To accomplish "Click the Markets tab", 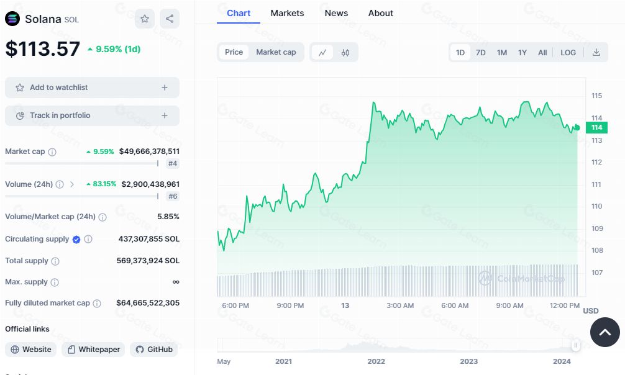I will click(287, 13).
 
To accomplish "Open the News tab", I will click(336, 13).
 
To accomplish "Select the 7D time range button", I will click(481, 53).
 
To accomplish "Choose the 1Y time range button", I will click(522, 53).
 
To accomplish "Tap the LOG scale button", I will click(568, 53).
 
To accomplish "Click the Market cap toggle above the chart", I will click(276, 52).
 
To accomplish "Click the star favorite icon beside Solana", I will click(145, 19).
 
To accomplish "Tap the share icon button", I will click(170, 19).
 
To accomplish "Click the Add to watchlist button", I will click(92, 88).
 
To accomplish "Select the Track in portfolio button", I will click(92, 115).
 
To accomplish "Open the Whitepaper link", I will click(93, 350).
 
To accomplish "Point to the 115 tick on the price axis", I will click(596, 96).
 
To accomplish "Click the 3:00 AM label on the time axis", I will click(400, 305).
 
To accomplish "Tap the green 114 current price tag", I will click(596, 127).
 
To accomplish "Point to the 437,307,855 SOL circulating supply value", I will click(149, 239).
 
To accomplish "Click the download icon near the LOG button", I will click(596, 53).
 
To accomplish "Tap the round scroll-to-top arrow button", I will click(604, 332).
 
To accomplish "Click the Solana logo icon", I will click(12, 19).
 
